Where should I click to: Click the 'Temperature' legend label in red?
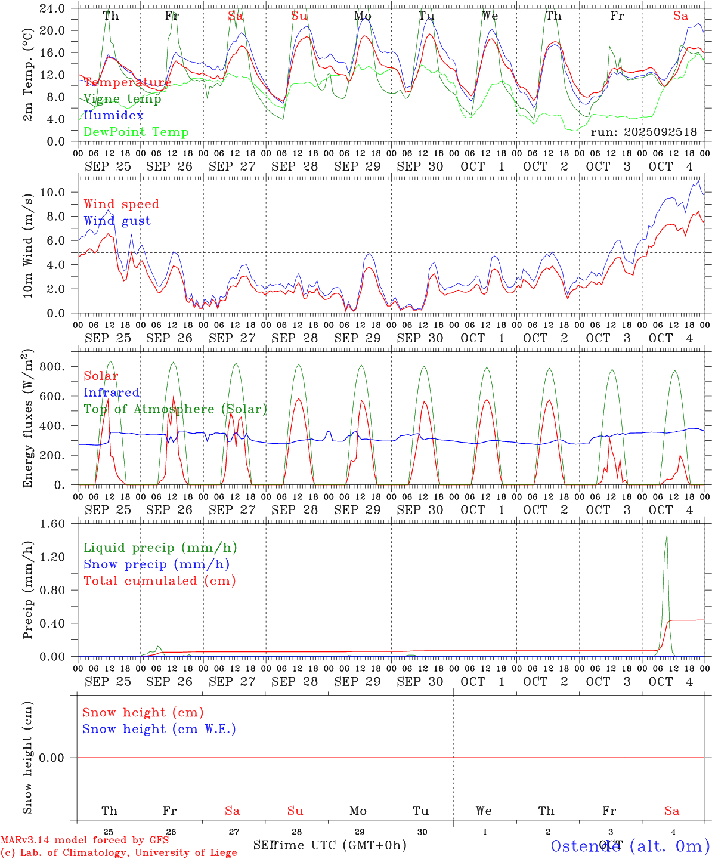point(127,82)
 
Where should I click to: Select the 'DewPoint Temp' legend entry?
point(136,132)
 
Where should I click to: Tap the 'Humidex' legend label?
point(113,116)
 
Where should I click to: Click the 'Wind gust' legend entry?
point(117,221)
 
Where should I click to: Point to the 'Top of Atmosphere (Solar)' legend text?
point(175,409)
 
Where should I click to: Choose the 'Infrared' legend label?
point(112,393)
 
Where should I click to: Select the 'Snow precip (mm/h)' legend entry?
point(156,564)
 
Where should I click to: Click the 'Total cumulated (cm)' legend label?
point(159,581)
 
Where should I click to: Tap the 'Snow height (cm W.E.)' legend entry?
point(159,729)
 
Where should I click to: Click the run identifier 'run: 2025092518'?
point(643,132)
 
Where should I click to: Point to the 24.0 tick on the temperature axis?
point(53,8)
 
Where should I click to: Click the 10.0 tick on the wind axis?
point(53,192)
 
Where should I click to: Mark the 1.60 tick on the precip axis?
point(53,524)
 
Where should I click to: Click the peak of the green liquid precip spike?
point(667,534)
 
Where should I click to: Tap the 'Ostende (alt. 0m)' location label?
point(630,846)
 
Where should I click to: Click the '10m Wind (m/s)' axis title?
point(27,246)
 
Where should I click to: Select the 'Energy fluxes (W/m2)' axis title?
point(27,419)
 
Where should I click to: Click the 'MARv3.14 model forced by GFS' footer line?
point(85,840)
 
